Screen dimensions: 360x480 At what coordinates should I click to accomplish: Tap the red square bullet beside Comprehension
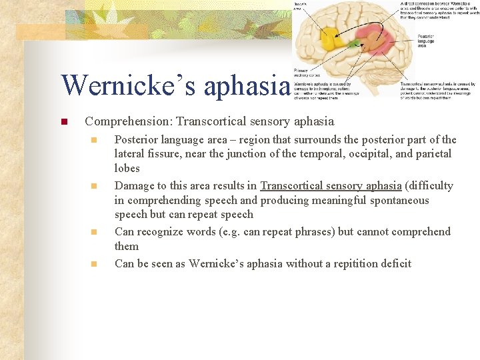coord(63,122)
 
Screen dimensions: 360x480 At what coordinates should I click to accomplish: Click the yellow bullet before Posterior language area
coord(95,140)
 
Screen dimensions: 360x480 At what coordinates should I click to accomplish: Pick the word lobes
coord(127,168)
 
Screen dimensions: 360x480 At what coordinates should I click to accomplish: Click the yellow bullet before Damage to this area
coord(95,186)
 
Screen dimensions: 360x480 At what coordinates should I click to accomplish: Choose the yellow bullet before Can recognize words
coord(95,232)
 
